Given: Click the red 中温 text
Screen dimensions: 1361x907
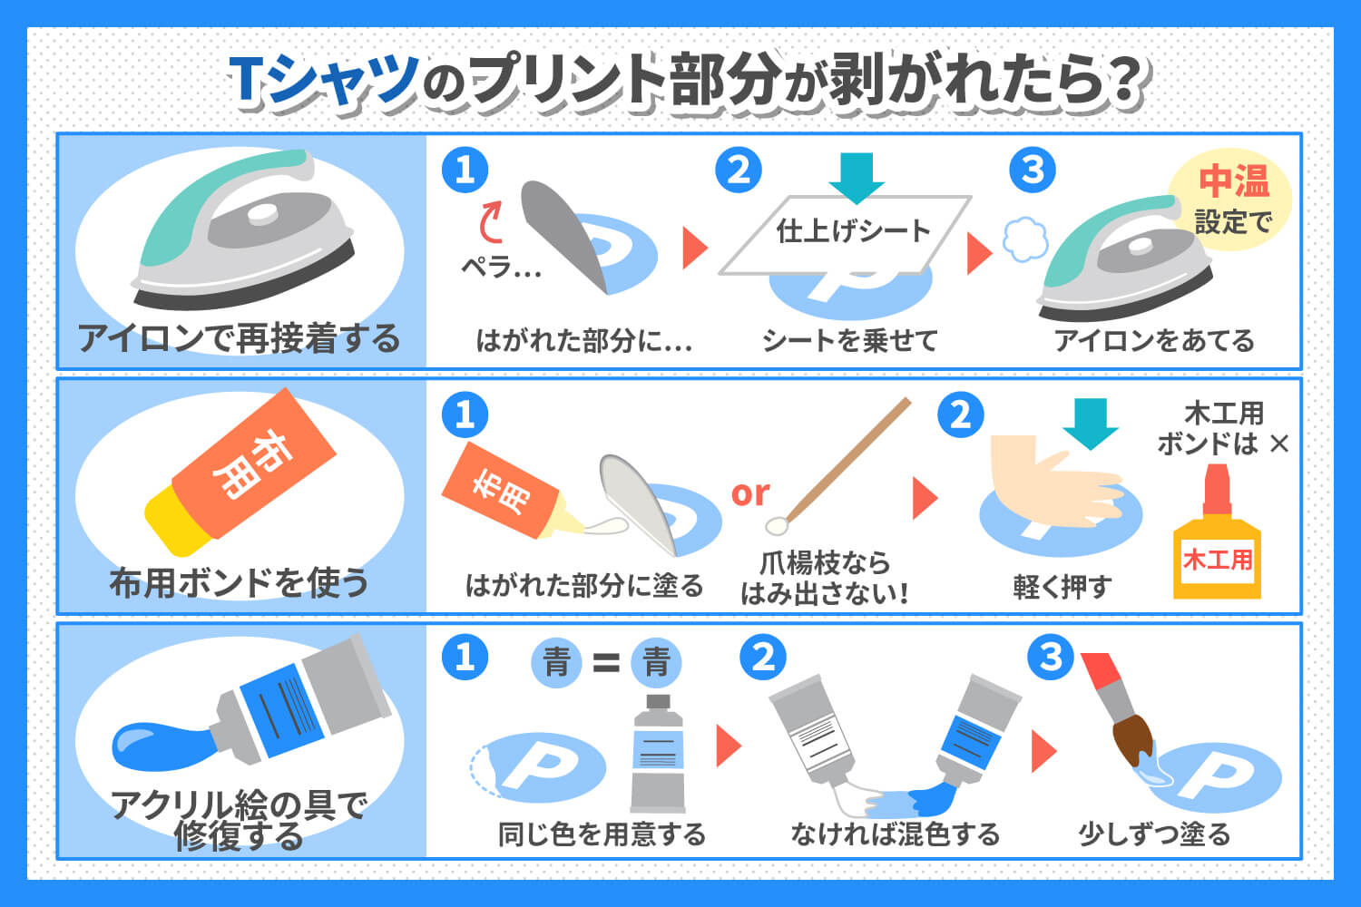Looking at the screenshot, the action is click(1234, 181).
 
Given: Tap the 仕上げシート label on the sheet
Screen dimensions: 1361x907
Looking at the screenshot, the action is click(853, 231).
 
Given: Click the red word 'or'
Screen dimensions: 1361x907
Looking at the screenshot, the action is click(750, 493).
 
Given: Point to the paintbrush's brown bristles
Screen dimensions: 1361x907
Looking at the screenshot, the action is click(1133, 739).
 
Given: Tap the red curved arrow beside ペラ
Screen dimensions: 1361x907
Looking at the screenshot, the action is click(490, 221).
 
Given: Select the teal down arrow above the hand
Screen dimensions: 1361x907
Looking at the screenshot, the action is click(1091, 424).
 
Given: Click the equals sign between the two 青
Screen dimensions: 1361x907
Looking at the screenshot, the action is click(606, 662).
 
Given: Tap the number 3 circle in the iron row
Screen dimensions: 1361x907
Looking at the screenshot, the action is click(1033, 170).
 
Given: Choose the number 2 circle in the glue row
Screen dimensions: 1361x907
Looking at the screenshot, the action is click(961, 414).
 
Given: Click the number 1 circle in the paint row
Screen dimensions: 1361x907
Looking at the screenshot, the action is click(465, 657).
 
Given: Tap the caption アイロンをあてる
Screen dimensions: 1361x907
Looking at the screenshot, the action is click(1154, 340).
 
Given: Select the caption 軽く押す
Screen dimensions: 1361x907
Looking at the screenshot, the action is click(1062, 586).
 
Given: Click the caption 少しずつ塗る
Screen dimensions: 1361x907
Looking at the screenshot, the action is click(1154, 834).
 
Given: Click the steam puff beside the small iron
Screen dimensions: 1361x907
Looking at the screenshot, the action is click(1025, 239).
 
